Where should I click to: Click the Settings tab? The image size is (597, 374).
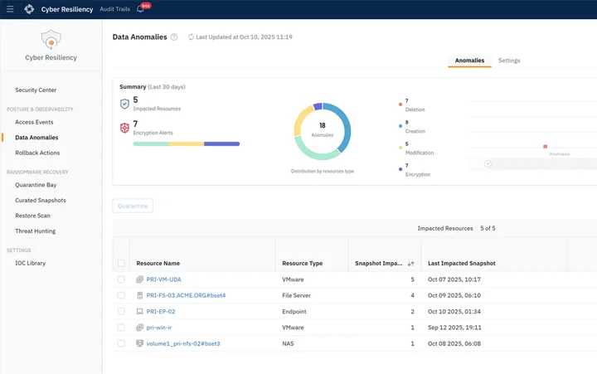pos(509,61)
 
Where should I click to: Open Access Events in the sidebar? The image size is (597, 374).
pos(34,122)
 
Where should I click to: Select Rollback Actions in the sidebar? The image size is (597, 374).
pos(37,153)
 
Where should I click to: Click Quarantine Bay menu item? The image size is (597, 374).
pos(36,185)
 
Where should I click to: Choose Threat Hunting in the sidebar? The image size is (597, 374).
pos(35,231)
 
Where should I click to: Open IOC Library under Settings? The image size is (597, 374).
pos(30,263)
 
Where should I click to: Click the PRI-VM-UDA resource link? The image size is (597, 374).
pos(163,279)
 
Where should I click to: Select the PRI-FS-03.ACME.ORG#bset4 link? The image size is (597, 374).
pos(186,295)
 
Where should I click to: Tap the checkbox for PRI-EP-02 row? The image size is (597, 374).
pos(121,312)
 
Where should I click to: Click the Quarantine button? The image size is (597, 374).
pos(133,206)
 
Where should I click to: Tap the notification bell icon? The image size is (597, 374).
pos(140,9)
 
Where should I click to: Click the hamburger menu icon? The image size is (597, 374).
pos(10,9)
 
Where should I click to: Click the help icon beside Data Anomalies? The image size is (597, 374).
pos(174,37)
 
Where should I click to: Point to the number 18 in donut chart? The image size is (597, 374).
pos(323,125)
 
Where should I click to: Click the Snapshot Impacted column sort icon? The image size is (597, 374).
pos(410,264)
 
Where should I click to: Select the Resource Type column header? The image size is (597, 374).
pos(303,264)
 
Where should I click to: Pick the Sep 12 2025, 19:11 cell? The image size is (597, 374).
pos(454,328)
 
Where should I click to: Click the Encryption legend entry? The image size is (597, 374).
pos(417,174)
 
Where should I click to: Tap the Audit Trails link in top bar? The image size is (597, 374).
pos(115,9)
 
